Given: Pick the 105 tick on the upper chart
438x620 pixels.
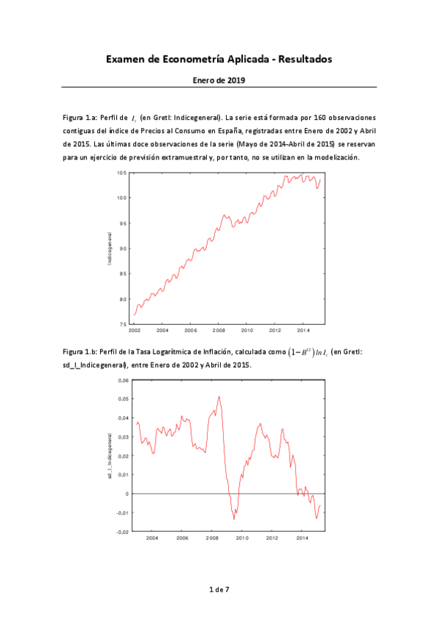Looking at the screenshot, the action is coord(122,173).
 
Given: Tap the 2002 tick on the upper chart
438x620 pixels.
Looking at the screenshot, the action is coord(135,330).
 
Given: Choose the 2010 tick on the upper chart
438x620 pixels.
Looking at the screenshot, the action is coord(246,330).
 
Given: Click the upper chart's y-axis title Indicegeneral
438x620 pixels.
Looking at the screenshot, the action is coord(110,248).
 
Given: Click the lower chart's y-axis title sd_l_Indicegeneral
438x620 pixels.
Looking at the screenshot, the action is coord(110,455).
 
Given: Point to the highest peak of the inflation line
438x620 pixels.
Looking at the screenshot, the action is coord(219,396).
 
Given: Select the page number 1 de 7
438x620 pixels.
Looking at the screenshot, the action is coord(219,589).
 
